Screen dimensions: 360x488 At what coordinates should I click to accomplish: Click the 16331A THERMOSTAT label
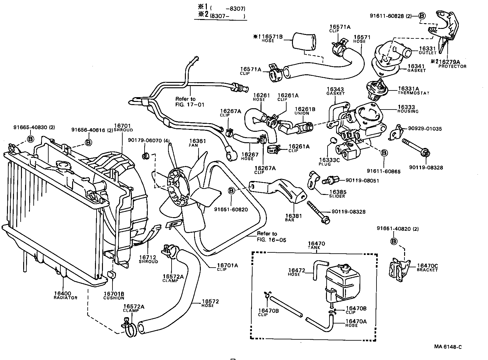click(413, 90)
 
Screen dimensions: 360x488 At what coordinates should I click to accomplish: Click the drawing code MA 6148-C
click(448, 347)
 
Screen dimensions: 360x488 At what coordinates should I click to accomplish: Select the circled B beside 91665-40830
click(30, 139)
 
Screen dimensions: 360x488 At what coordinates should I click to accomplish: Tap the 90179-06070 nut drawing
click(146, 155)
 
